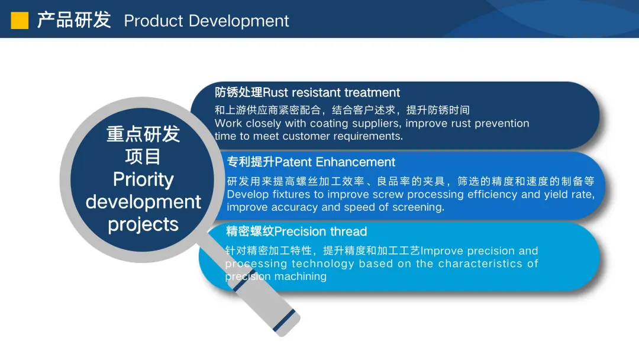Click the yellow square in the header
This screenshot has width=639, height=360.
coord(20,20)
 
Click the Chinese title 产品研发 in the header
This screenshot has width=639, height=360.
coord(74,20)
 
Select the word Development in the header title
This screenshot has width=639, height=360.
coord(239,21)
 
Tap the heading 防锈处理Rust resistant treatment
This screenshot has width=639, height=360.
coord(307,92)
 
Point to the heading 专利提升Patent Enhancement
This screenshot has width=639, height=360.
coord(311,162)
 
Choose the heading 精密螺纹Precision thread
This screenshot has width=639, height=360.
coord(296,231)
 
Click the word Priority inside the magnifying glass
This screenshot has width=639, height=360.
coord(143,180)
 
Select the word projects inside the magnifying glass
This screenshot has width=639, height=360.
coord(143,224)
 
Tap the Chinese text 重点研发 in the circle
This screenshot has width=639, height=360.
coord(143,134)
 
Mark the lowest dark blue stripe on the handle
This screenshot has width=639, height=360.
coord(285,321)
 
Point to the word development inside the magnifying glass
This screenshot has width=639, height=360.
coord(143,202)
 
